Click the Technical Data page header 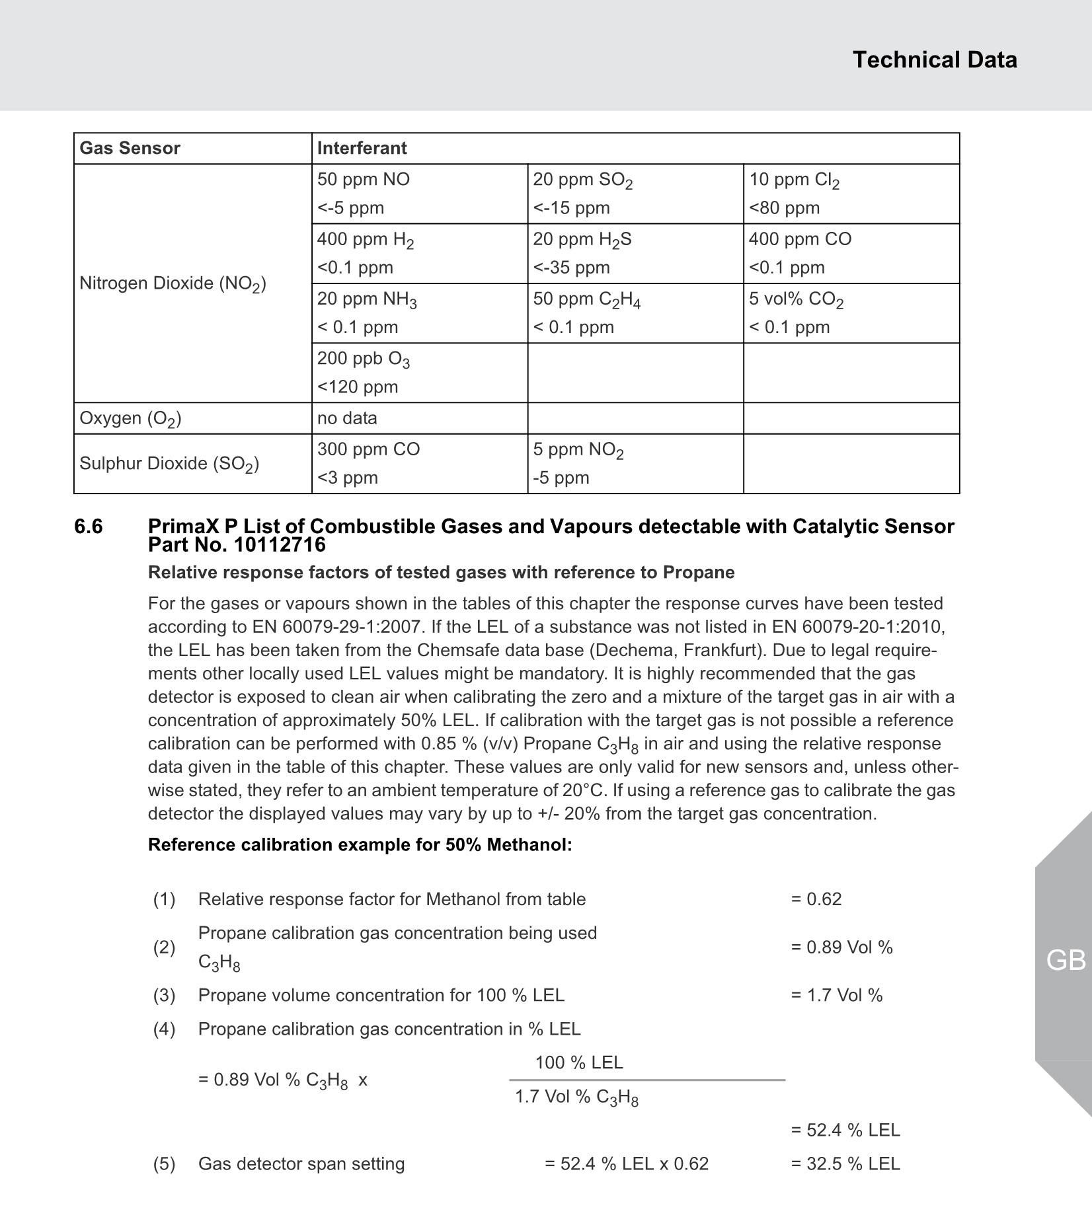934,60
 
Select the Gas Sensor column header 130,148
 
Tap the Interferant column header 362,148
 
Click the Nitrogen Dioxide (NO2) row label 173,283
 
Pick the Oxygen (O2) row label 130,418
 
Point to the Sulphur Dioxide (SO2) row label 169,464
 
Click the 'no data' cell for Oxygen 347,418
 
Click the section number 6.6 89,527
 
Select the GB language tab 1066,960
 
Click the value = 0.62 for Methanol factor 816,899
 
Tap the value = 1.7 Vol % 836,995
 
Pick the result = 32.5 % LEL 845,1164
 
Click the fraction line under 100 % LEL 647,1080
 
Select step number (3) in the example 165,995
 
